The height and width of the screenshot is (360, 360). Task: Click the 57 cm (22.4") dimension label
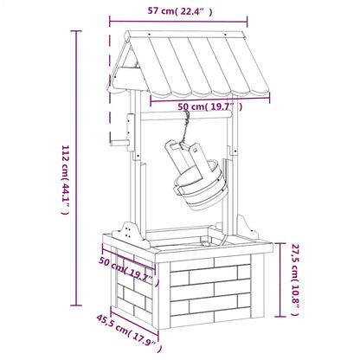(x=180, y=11)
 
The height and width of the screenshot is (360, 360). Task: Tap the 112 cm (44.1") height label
(x=66, y=180)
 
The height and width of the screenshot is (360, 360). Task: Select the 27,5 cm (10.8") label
(x=295, y=280)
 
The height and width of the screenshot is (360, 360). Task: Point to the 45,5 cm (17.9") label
(x=129, y=332)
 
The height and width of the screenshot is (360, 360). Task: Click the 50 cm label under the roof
(x=209, y=106)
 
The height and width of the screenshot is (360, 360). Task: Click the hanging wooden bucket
(x=197, y=176)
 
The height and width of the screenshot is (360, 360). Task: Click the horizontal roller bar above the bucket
(x=186, y=115)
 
